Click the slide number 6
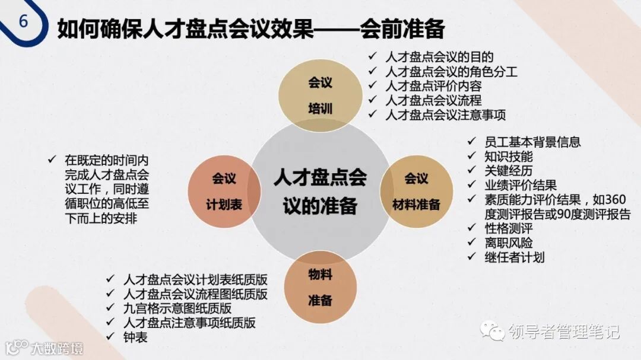(x=23, y=21)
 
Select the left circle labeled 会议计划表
(x=224, y=191)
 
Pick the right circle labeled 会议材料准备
(x=416, y=191)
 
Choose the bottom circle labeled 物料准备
(x=320, y=287)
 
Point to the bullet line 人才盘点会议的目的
(x=439, y=57)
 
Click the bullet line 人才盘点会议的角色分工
(x=451, y=72)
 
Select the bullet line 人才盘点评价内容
(x=433, y=86)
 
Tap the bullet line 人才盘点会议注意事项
(x=445, y=114)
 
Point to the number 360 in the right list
(x=618, y=200)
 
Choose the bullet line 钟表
(x=136, y=337)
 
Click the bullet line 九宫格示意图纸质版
(x=177, y=308)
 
